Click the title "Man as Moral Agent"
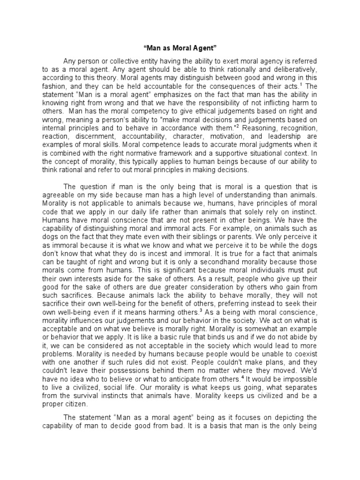[180, 48]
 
